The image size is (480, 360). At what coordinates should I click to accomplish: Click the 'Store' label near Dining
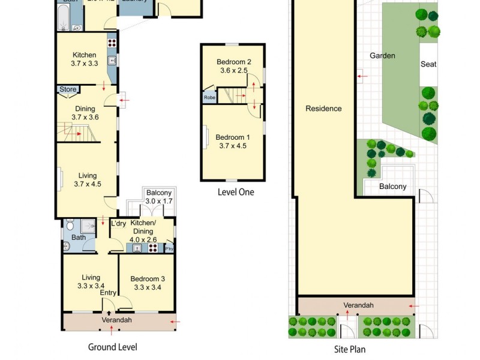68,89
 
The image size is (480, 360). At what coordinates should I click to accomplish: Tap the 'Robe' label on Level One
209,97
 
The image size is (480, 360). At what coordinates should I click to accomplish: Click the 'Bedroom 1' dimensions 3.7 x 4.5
232,145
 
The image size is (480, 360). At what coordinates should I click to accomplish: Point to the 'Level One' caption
235,192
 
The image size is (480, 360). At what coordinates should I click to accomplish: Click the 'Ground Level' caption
112,347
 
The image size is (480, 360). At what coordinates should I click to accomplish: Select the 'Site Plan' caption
349,349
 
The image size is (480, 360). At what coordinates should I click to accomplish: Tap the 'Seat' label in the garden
428,64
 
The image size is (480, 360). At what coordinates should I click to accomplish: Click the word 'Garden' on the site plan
382,56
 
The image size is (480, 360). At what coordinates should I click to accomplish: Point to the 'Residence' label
323,109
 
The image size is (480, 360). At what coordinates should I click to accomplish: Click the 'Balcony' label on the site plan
392,187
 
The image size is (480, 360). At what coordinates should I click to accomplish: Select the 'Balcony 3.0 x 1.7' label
158,197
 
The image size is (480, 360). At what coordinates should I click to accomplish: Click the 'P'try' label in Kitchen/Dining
169,249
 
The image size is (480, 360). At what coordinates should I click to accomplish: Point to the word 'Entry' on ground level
108,293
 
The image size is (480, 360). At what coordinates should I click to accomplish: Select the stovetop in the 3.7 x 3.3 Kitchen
111,43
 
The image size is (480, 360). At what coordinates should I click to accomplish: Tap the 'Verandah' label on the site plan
358,305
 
